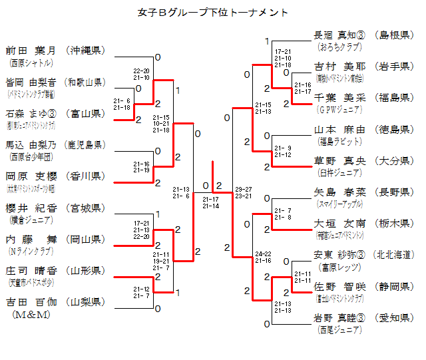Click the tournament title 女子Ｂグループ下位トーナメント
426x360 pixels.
(x=213, y=12)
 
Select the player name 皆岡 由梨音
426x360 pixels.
(x=29, y=83)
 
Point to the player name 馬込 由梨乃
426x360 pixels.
(x=29, y=145)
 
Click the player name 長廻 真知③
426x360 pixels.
(x=339, y=35)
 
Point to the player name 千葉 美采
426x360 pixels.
(x=337, y=98)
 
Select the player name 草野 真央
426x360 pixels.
(x=337, y=160)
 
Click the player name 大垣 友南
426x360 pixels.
(x=337, y=224)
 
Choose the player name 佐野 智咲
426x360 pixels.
(x=337, y=286)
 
